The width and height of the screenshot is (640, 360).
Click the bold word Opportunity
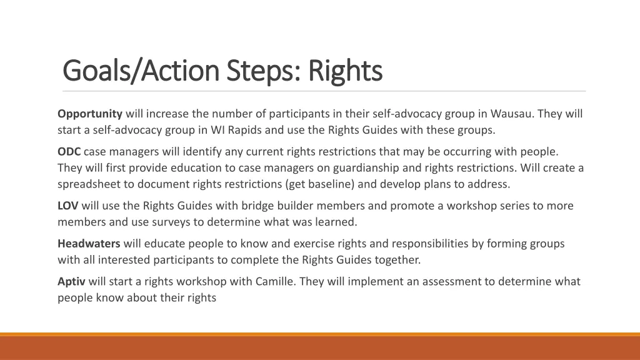coord(90,114)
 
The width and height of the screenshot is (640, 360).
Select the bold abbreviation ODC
coord(69,151)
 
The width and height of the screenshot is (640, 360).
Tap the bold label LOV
coord(68,206)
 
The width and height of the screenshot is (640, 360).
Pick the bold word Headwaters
coord(89,244)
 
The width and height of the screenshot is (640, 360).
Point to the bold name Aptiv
coord(71,281)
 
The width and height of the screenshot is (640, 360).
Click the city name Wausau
coord(512,114)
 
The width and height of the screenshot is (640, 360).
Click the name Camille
coord(275,281)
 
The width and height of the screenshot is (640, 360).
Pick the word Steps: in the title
coord(263,70)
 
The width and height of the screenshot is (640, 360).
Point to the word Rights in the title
coord(345,70)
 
